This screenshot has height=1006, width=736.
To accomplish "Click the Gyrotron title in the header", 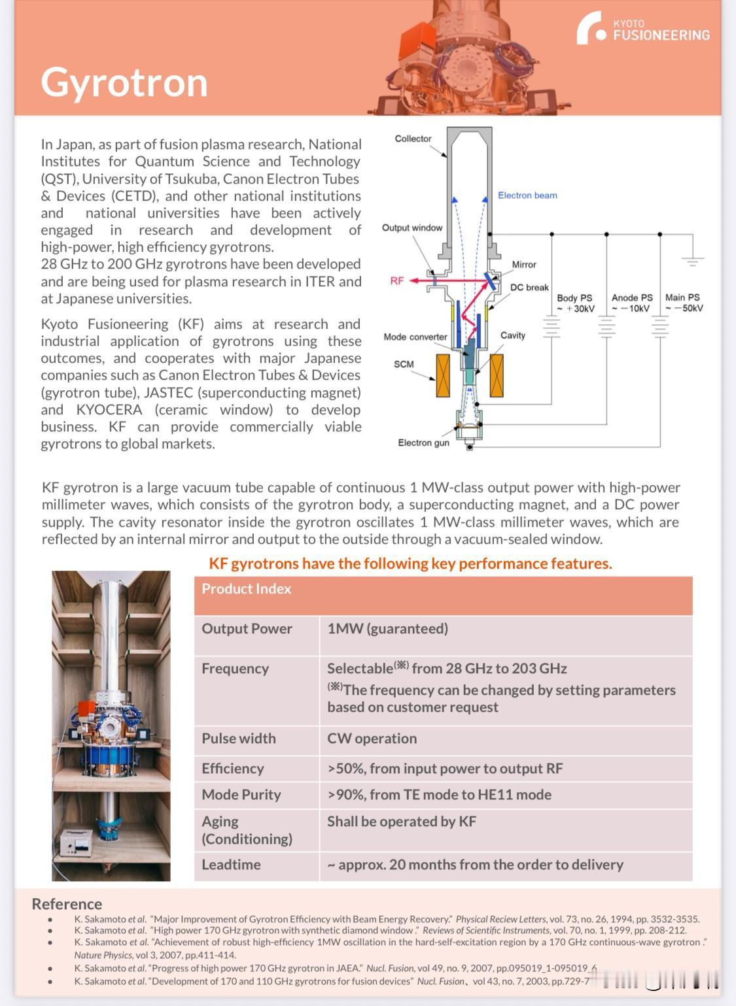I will [124, 83].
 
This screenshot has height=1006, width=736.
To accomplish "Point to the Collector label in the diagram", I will [413, 139].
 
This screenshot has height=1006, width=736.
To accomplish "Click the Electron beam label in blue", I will [527, 195].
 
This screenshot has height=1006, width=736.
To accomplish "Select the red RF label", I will [397, 281].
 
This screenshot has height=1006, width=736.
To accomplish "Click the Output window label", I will [412, 227].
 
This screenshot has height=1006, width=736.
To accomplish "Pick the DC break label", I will [529, 288].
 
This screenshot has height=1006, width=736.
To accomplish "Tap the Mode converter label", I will [415, 337].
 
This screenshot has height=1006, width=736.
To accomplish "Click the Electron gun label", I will [423, 443].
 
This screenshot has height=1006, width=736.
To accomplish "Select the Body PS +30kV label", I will [575, 303].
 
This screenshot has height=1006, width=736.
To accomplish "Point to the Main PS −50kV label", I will [683, 303].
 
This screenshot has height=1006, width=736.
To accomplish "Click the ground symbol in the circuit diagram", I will [692, 260].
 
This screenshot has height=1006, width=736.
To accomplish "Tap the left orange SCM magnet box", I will [444, 376].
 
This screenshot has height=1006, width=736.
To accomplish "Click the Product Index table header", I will [246, 589].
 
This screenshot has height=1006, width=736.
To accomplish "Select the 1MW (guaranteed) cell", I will [387, 629].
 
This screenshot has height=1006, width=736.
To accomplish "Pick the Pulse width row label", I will [239, 739].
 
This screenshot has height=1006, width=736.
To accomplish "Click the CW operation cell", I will [372, 739].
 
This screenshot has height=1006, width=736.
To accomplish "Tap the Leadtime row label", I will [231, 865].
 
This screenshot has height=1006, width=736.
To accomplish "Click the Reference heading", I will [67, 904].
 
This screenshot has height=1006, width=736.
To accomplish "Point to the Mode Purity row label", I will [241, 795].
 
